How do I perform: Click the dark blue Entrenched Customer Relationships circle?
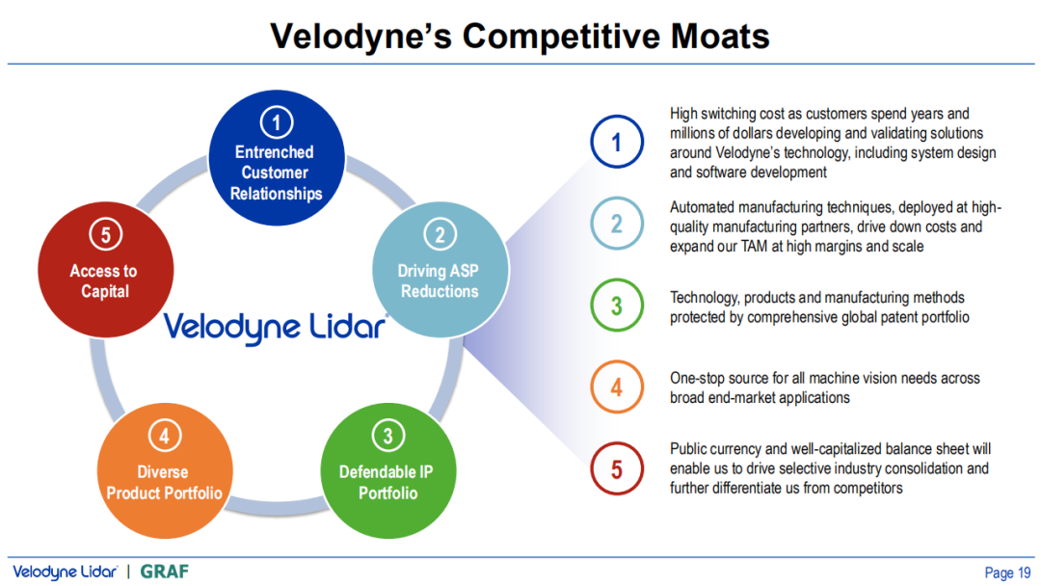277,158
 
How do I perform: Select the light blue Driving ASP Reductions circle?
440,270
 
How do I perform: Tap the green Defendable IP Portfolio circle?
388,470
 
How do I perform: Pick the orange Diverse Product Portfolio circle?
165,470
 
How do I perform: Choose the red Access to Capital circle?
106,270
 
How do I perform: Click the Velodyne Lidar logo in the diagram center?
275,327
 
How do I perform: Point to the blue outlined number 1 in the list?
617,142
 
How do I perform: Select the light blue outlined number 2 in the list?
617,223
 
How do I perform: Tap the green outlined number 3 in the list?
617,306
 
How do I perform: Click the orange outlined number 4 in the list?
617,386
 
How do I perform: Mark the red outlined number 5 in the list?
617,468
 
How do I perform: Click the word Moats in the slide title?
720,36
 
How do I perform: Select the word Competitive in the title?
561,38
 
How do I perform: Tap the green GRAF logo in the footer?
165,572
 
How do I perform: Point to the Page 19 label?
1007,573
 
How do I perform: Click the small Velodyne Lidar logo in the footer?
66,573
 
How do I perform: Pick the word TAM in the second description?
754,246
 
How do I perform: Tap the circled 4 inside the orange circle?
164,436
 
